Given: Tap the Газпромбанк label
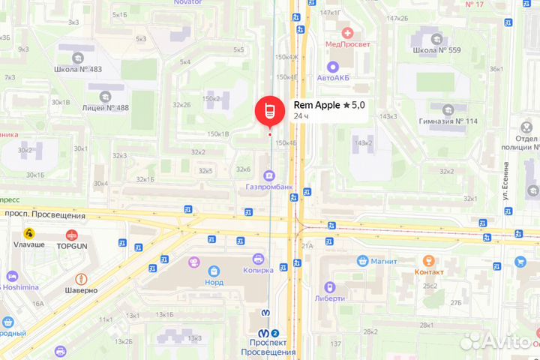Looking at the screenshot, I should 268,187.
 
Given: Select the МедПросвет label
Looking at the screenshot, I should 345,43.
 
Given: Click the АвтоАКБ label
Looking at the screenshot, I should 334,77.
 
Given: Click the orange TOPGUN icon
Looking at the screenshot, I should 72,235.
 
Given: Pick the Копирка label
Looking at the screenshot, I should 257,270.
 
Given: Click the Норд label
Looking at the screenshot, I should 214,283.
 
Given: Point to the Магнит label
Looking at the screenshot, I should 382,261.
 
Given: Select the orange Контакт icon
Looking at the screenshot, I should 429,260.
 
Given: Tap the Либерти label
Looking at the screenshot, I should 330,298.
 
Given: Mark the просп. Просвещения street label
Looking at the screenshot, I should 53,215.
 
